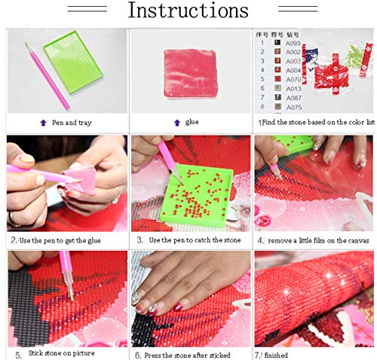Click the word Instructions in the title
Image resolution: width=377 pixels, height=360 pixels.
(x=187, y=11)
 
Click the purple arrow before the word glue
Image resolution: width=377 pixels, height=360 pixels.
(x=176, y=122)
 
